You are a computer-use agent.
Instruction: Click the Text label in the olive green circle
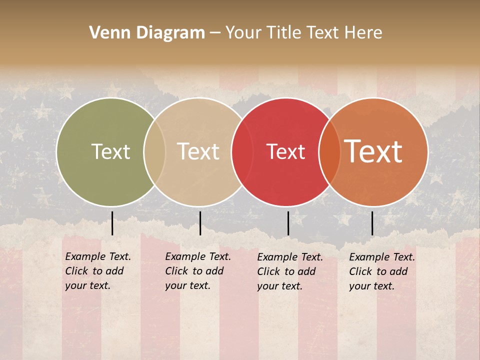tap(110, 151)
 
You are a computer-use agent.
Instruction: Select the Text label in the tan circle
tap(198, 151)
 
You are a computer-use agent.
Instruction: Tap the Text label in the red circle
tap(285, 152)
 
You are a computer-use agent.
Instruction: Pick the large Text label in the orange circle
tap(373, 151)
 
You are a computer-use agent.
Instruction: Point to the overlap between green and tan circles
tap(154, 152)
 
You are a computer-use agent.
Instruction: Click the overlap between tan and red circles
tap(241, 152)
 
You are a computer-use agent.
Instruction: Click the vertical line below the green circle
tap(112, 223)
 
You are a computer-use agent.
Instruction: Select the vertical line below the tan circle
tap(200, 223)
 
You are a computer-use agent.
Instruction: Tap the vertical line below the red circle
tap(288, 223)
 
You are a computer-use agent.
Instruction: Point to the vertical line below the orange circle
tap(372, 223)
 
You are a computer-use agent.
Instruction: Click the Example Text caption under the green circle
tap(98, 271)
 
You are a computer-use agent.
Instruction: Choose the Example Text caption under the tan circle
tap(198, 271)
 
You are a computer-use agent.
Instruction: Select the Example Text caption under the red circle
tap(290, 271)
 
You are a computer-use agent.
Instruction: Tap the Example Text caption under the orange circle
tap(382, 271)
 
